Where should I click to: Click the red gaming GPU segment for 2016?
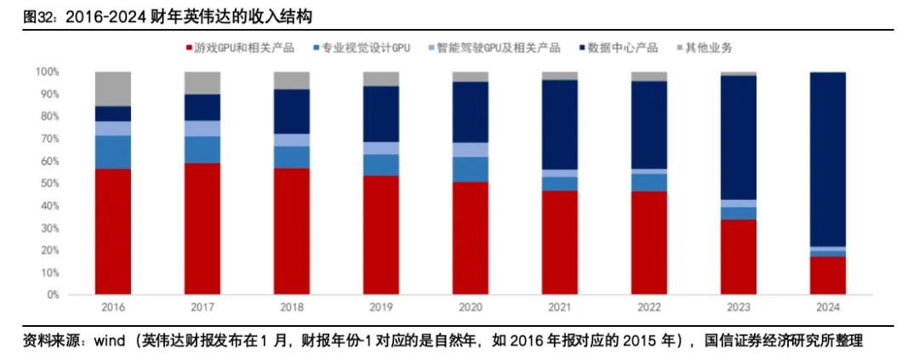113,231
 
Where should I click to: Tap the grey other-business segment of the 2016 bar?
113,89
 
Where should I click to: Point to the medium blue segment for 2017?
203,149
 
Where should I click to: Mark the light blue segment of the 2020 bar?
470,150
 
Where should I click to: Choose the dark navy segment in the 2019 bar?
380,113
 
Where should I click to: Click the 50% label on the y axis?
49,183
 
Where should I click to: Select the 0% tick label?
51,294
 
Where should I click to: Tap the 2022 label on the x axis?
648,307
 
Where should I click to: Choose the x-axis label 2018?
291,307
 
